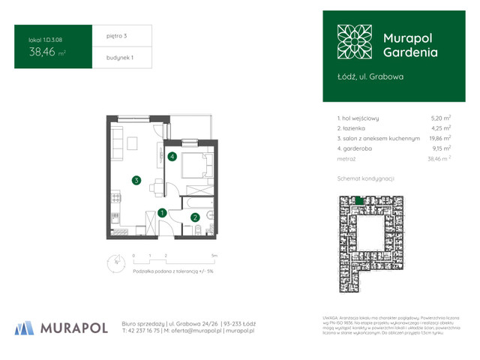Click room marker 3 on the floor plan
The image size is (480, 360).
[136, 180]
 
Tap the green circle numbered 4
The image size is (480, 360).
[172, 157]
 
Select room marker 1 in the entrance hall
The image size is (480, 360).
[163, 213]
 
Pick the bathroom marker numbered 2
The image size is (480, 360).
[195, 217]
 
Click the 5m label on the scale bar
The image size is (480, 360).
[214, 256]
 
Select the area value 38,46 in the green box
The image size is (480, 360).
[42, 52]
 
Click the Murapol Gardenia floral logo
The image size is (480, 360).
[354, 42]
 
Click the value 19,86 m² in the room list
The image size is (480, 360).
[439, 138]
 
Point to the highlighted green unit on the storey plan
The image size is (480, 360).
[361, 200]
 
